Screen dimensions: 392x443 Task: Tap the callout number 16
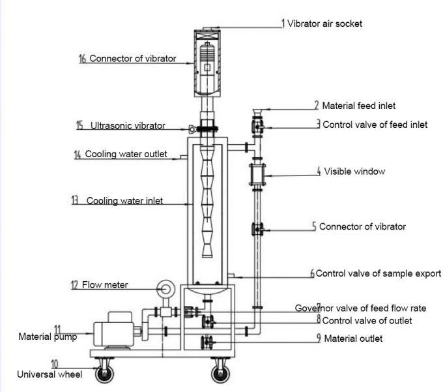tap(82, 59)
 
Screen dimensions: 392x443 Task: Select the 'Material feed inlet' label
tap(358, 105)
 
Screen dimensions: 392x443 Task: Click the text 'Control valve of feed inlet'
tap(375, 125)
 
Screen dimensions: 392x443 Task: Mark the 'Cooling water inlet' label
tap(125, 201)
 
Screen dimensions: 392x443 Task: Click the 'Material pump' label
tap(47, 337)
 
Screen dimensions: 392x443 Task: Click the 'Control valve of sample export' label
tap(378, 274)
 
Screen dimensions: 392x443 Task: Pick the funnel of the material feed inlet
tap(255, 108)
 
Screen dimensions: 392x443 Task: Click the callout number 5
tap(314, 227)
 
